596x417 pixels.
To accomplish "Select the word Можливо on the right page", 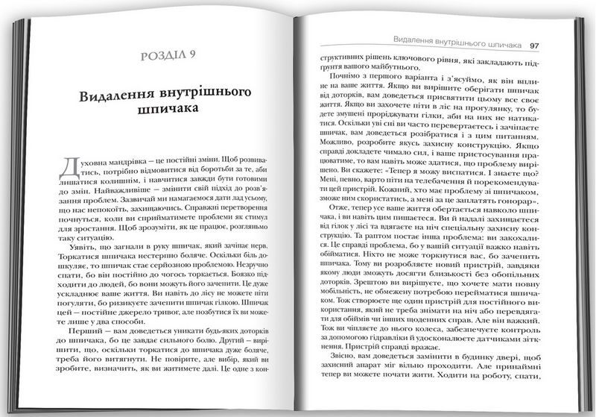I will coord(329,157).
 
